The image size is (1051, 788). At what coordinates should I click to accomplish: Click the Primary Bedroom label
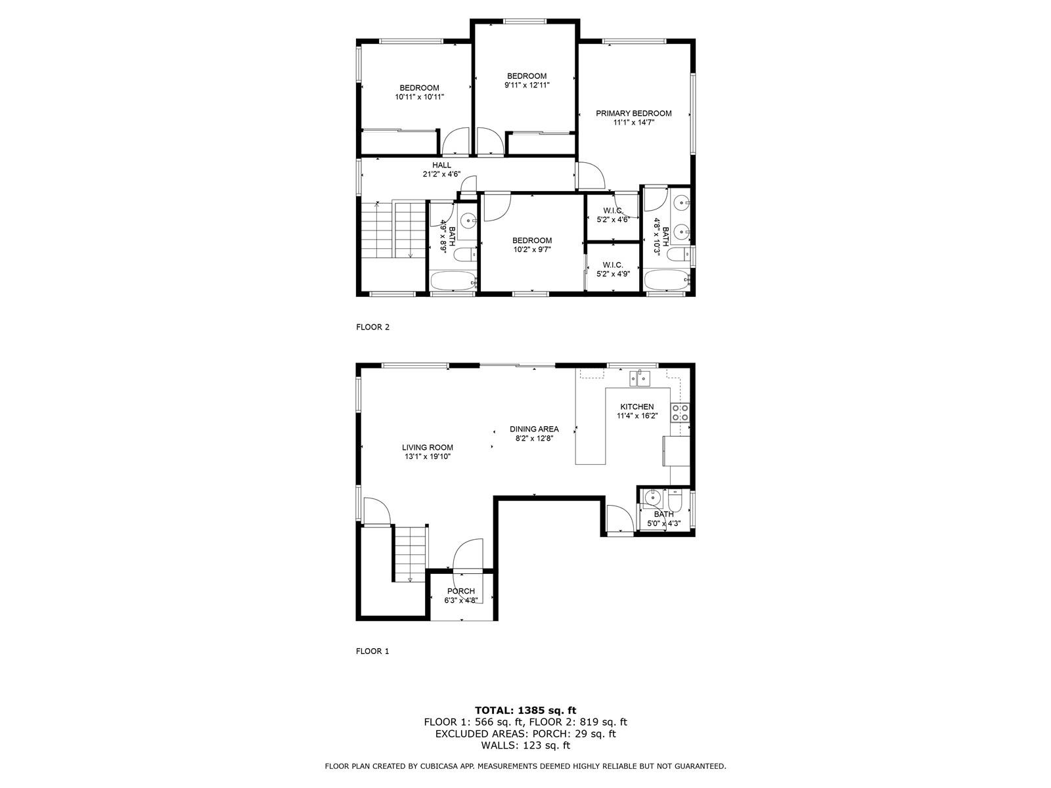click(x=633, y=114)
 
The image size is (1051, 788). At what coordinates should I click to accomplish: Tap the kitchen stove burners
click(x=679, y=412)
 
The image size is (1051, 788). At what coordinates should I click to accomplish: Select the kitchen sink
click(x=639, y=378)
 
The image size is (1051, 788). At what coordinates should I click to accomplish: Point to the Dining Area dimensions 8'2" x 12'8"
click(x=534, y=438)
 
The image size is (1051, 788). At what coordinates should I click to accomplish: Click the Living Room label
click(x=428, y=447)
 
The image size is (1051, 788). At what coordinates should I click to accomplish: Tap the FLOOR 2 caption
click(x=372, y=327)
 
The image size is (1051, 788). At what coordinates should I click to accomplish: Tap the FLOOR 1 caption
click(x=372, y=651)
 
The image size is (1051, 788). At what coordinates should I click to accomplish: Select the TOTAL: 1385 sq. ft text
click(x=525, y=710)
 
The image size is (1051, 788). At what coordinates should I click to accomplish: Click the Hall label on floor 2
click(x=441, y=165)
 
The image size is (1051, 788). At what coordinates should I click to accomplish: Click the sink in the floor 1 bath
click(x=652, y=497)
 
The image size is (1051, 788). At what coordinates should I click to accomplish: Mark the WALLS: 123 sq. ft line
click(x=525, y=745)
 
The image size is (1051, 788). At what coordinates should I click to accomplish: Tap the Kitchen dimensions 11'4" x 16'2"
click(x=637, y=416)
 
